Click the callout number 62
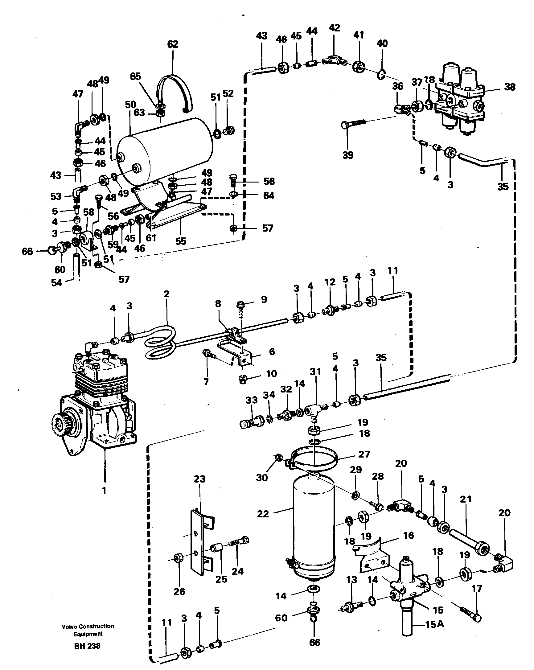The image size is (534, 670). click(x=173, y=44)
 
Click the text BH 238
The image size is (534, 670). click(x=87, y=646)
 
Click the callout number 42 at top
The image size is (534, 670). click(x=334, y=28)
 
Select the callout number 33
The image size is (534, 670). click(x=252, y=400)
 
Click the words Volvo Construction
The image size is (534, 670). click(x=88, y=626)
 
